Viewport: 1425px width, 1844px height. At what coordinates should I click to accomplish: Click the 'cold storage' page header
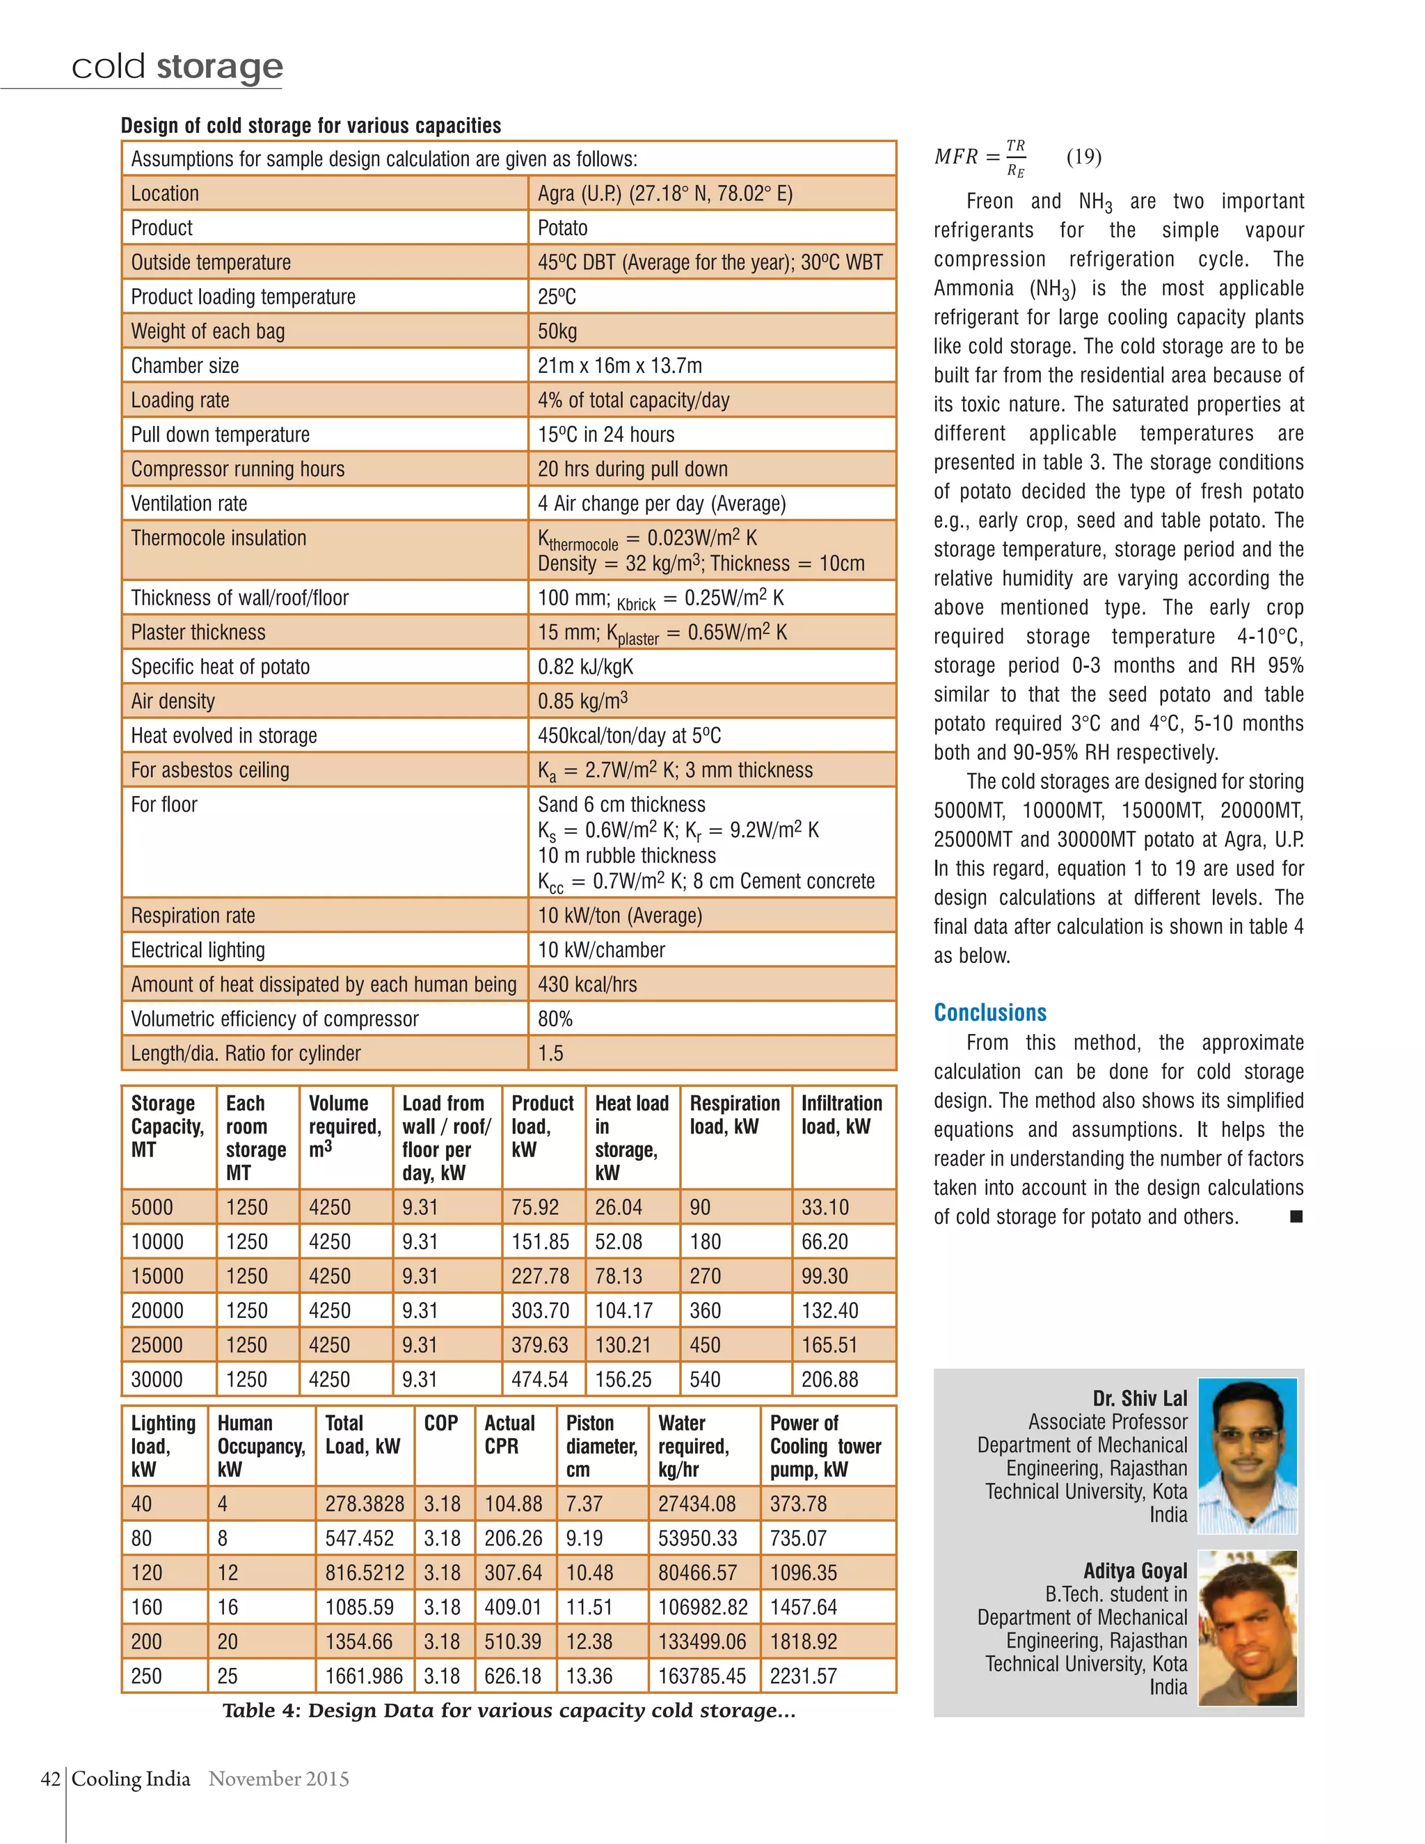(177, 66)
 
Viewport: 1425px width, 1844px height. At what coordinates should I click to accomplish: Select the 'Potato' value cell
(562, 228)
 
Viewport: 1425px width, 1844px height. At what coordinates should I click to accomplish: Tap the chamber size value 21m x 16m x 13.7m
(620, 365)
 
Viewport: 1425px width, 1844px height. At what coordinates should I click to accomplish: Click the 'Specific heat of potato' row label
(221, 667)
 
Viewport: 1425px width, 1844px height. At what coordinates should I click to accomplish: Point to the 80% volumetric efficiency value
(555, 1019)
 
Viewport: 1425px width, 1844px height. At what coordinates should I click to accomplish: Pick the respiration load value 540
(705, 1380)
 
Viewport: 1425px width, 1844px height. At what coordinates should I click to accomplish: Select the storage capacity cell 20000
(157, 1310)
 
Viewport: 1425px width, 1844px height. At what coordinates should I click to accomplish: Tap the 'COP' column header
(440, 1424)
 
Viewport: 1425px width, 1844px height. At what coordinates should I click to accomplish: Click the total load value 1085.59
(359, 1607)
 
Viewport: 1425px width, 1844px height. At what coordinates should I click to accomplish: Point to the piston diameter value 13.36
(589, 1676)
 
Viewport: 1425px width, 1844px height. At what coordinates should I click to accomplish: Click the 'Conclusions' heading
(989, 1012)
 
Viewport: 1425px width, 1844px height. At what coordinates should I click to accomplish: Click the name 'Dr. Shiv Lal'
(1139, 1398)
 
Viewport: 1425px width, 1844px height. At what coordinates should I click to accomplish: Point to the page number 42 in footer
(50, 1779)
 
